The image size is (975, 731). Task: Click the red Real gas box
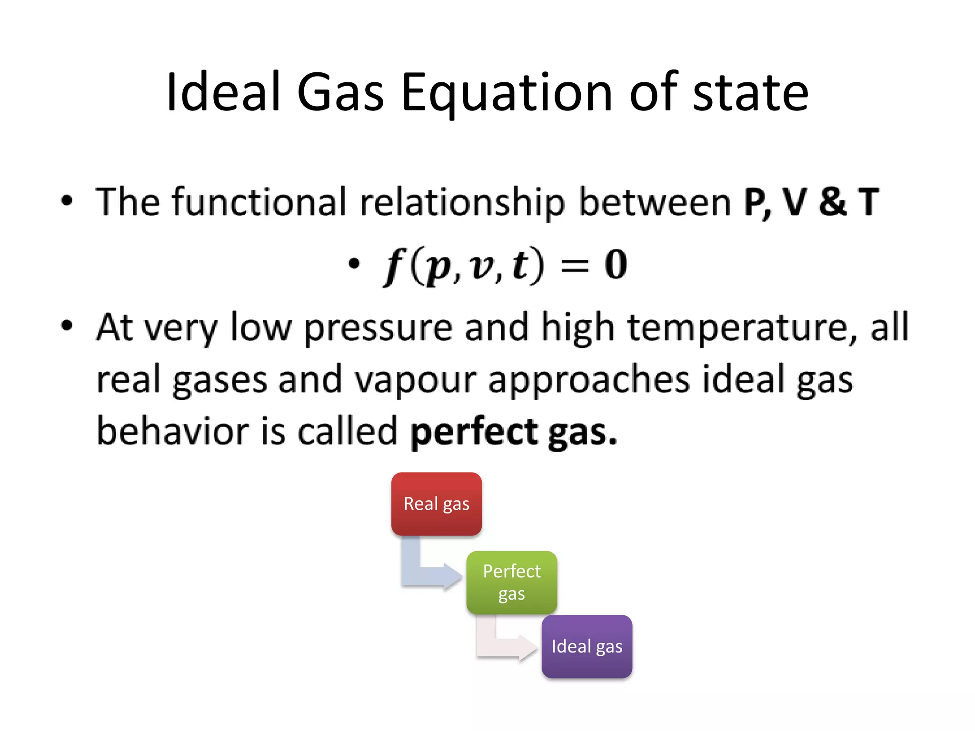[x=436, y=504]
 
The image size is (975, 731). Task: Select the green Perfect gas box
[x=511, y=582]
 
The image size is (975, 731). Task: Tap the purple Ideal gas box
[x=587, y=646]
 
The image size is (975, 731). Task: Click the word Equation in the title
[x=506, y=92]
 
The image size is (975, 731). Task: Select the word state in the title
[x=750, y=92]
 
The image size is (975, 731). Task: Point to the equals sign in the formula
[x=575, y=267]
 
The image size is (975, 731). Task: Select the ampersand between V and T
[x=832, y=202]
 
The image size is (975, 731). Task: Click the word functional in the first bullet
[x=259, y=202]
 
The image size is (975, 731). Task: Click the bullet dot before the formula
[x=353, y=264]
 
